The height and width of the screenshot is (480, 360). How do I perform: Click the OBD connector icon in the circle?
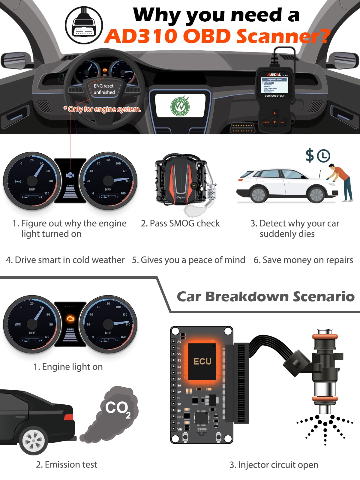click(x=84, y=25)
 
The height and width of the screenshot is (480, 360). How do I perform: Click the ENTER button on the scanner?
click(x=266, y=122)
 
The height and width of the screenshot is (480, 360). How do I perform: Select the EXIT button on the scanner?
click(x=283, y=122)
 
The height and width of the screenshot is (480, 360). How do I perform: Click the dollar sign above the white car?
click(x=310, y=155)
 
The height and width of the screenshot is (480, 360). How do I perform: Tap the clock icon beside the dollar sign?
click(x=324, y=156)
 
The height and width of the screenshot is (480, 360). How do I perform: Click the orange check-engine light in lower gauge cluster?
click(x=70, y=318)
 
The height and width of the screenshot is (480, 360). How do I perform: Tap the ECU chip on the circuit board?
click(x=202, y=361)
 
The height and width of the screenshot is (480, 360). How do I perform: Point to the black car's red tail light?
click(x=69, y=417)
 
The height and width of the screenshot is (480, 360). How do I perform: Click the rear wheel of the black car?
click(x=33, y=440)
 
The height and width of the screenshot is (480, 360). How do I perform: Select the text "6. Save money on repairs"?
click(x=303, y=260)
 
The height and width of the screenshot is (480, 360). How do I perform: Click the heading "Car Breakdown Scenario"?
click(x=265, y=296)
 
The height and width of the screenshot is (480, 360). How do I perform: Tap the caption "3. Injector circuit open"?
click(x=274, y=465)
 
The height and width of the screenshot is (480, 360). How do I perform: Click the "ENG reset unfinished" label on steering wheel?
click(x=104, y=89)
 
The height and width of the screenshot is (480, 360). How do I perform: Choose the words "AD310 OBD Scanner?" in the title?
click(x=217, y=36)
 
